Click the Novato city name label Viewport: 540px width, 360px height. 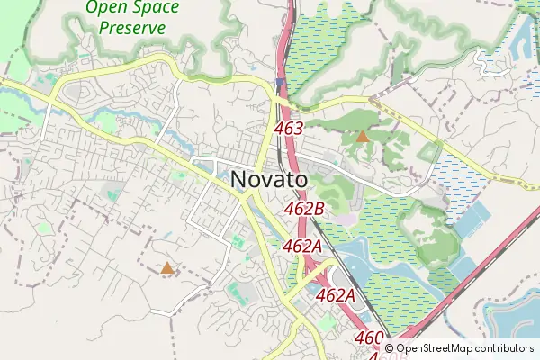tap(269, 180)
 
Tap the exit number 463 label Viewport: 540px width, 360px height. tap(288, 129)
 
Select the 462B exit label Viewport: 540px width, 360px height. tap(304, 209)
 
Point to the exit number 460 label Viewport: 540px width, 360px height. tap(369, 337)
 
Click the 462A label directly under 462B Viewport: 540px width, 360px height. tap(302, 246)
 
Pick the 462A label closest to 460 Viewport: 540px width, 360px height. tap(337, 295)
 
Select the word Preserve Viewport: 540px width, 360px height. tap(132, 27)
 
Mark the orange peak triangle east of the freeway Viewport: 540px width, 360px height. tap(362, 137)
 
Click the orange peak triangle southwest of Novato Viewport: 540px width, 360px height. tap(166, 267)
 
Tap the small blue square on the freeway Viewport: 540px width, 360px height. tap(280, 83)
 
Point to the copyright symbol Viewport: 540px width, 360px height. tap(389, 347)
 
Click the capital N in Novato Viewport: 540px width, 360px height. tap(239, 180)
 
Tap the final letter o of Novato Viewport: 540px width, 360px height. tap(300, 181)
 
